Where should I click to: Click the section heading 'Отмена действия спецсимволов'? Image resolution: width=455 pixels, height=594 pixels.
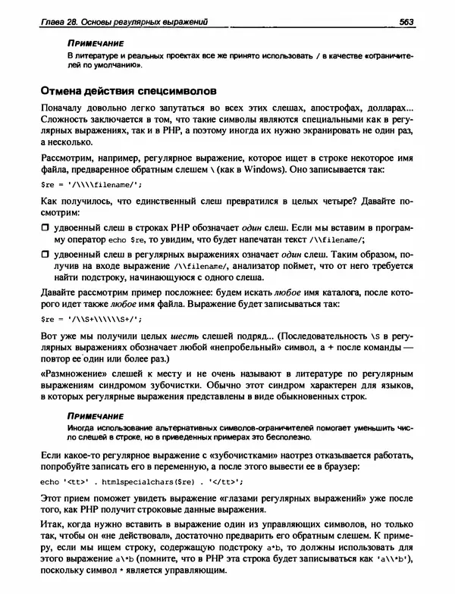128,92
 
